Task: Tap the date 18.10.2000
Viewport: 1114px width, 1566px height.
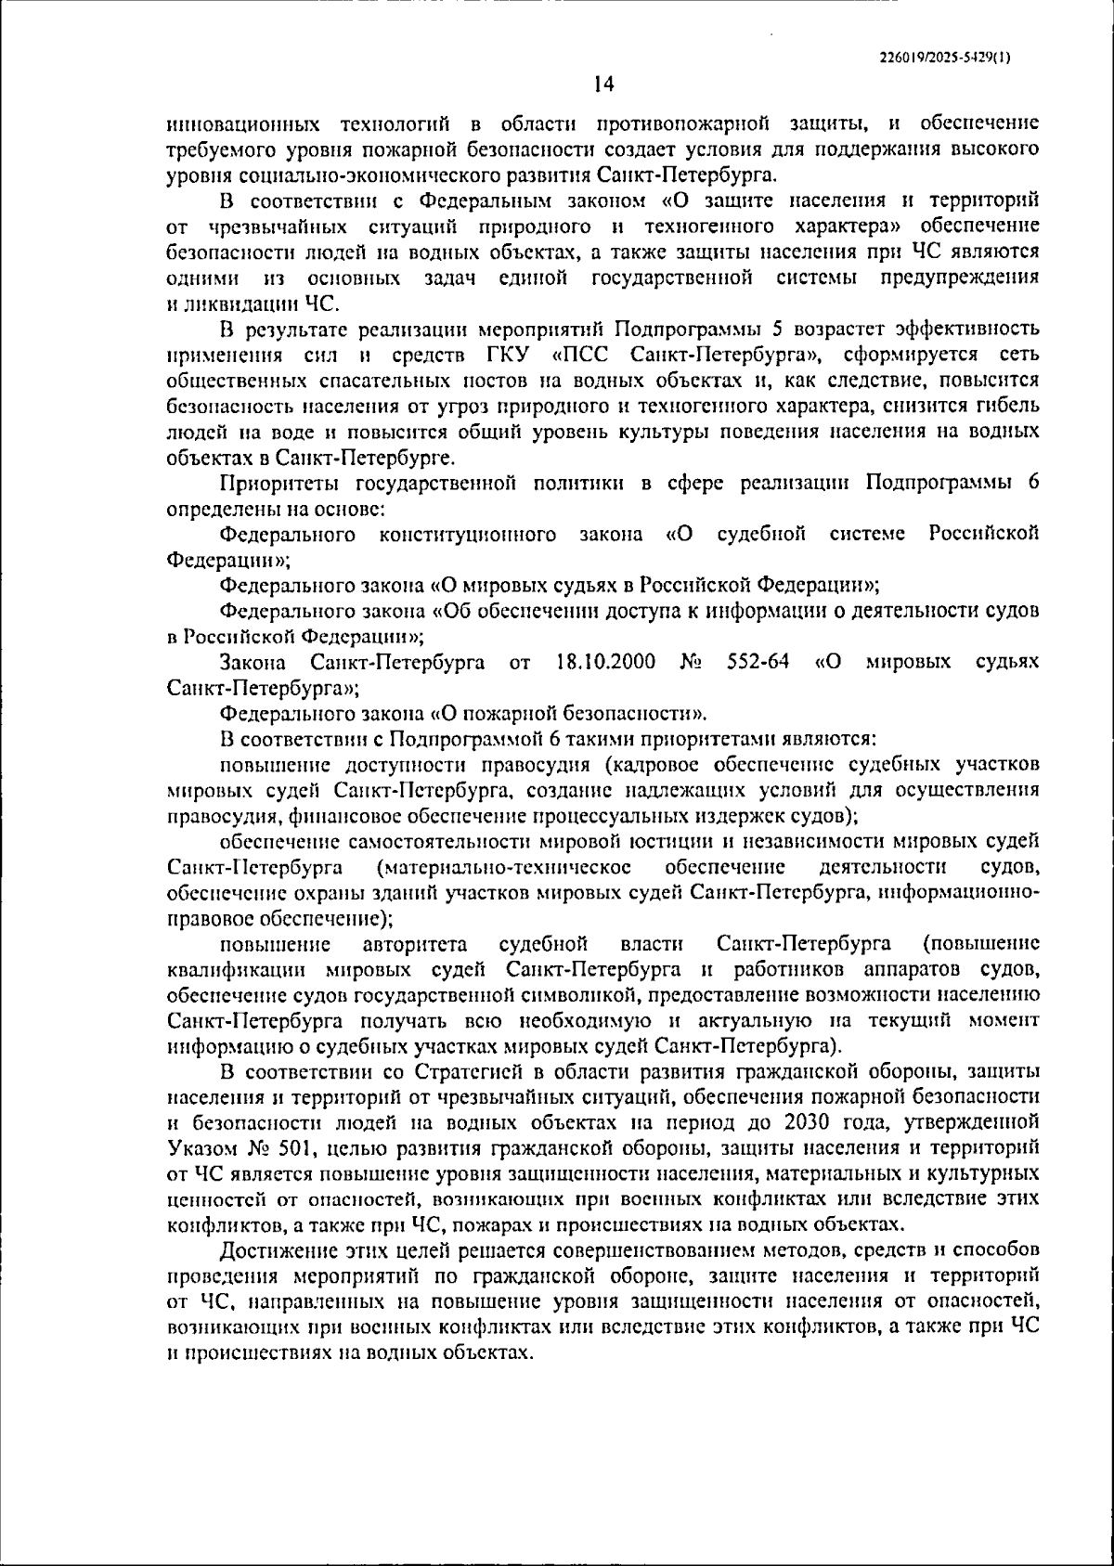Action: [x=605, y=662]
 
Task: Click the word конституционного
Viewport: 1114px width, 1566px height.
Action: [x=467, y=534]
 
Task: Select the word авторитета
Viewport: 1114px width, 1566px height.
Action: [x=415, y=944]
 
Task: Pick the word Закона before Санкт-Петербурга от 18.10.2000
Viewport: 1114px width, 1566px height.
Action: [x=253, y=662]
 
